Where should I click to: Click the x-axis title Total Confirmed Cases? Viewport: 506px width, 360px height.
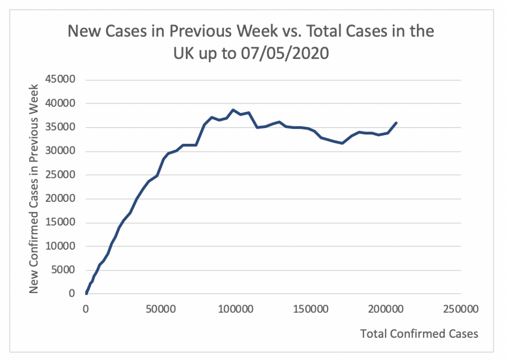(419, 334)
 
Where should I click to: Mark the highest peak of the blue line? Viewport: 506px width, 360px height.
(234, 110)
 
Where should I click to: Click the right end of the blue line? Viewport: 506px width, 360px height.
(396, 123)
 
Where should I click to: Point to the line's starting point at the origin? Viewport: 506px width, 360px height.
(86, 294)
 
